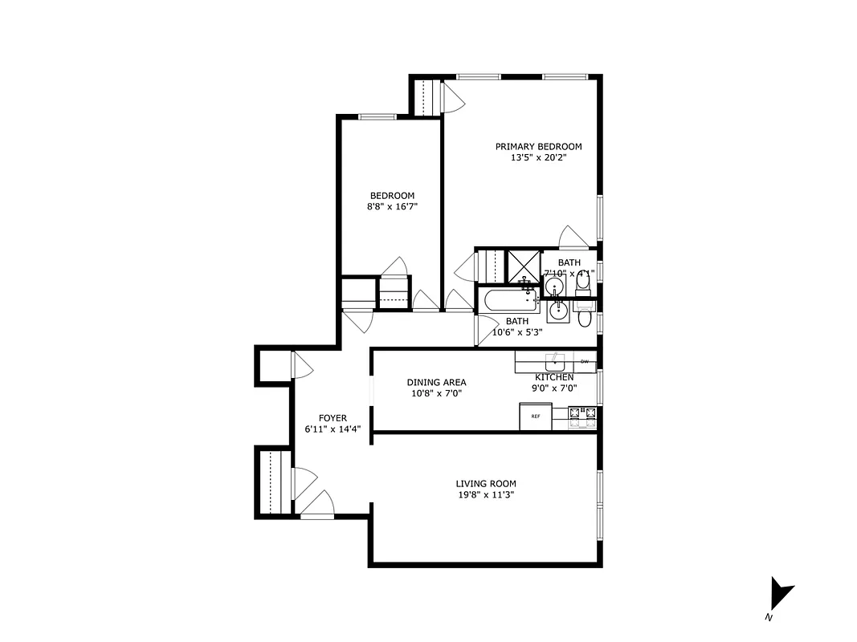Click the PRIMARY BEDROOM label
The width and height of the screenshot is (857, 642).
[x=538, y=146]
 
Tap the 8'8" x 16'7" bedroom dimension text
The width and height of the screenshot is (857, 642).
[x=392, y=207]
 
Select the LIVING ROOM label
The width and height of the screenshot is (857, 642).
[x=486, y=483]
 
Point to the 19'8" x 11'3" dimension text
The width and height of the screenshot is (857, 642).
[x=486, y=495]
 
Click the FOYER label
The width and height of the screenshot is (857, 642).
[x=333, y=417]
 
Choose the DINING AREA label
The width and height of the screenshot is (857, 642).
[x=436, y=382]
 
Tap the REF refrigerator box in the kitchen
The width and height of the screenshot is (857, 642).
[x=535, y=416]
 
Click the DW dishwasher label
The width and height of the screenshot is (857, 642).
[x=585, y=362]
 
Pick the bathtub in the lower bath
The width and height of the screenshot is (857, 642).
[x=510, y=302]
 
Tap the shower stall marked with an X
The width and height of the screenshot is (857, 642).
[x=524, y=266]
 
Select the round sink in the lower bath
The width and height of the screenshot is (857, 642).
[x=558, y=311]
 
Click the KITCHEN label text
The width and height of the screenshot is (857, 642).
[x=555, y=377]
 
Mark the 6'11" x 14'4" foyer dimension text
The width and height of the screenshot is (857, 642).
[x=333, y=429]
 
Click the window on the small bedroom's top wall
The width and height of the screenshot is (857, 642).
[x=377, y=117]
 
